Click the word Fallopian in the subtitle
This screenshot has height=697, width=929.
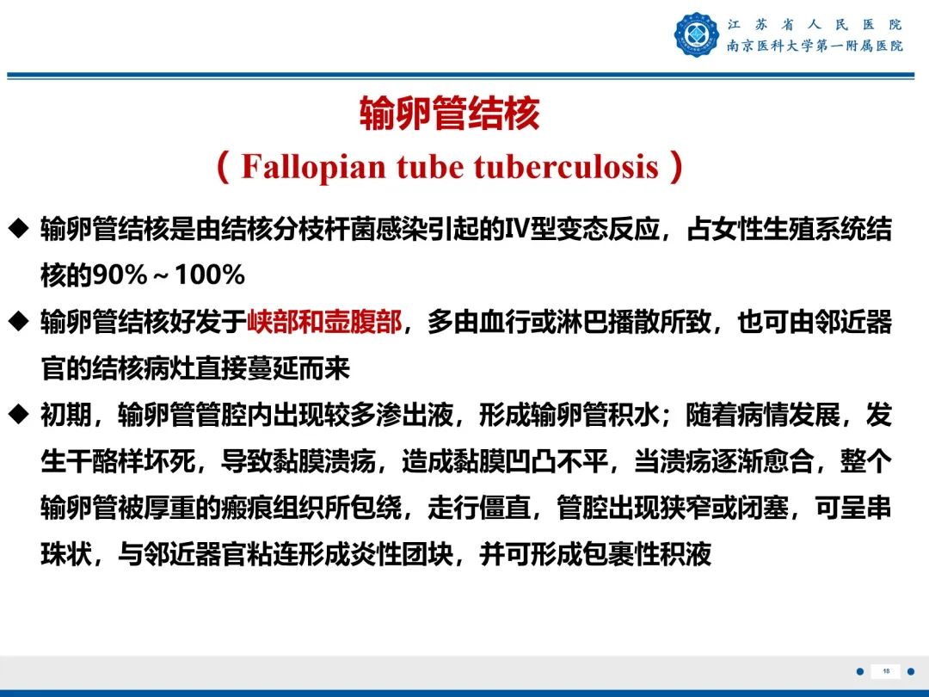click(314, 166)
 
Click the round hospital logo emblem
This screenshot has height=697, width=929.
click(696, 35)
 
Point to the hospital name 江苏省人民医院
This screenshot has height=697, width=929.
click(814, 24)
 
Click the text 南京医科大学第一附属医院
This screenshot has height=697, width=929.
click(814, 46)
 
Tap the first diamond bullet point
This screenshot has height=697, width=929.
click(18, 229)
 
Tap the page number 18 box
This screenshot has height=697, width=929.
click(885, 671)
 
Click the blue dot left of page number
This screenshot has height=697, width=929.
click(859, 671)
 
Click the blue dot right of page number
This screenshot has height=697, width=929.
click(911, 671)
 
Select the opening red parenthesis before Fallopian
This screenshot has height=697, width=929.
click(224, 166)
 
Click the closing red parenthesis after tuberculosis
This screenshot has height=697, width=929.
click(676, 166)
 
